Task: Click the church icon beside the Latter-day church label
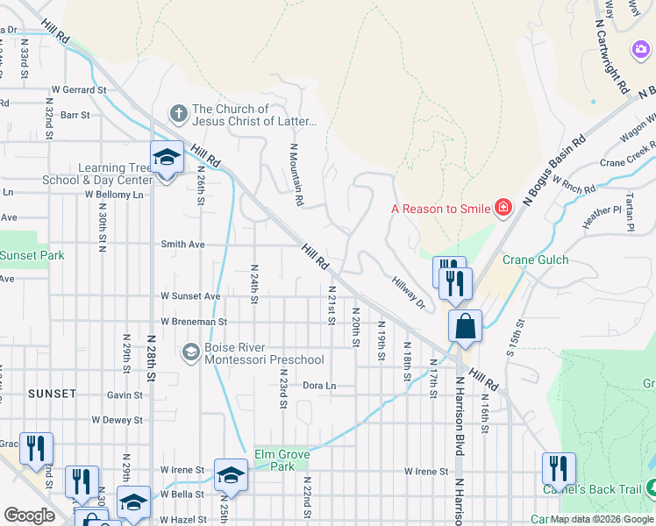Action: pyautogui.click(x=178, y=113)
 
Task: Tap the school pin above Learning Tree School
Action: pyautogui.click(x=167, y=159)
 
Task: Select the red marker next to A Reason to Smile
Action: pyautogui.click(x=503, y=209)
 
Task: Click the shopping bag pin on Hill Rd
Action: pyautogui.click(x=465, y=326)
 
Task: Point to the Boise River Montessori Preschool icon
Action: pyautogui.click(x=190, y=352)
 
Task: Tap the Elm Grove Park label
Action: pyautogui.click(x=282, y=460)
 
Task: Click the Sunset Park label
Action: pyautogui.click(x=32, y=256)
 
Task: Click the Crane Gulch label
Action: pyautogui.click(x=535, y=259)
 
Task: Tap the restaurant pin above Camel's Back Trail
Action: pyautogui.click(x=558, y=470)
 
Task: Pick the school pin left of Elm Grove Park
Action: pyautogui.click(x=231, y=476)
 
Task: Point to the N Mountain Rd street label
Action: pyautogui.click(x=296, y=175)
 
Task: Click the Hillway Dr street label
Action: pyautogui.click(x=408, y=290)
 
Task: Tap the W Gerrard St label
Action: pyautogui.click(x=78, y=89)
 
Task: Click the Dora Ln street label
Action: pyautogui.click(x=319, y=386)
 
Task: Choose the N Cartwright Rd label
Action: pyautogui.click(x=610, y=58)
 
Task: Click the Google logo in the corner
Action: pyautogui.click(x=29, y=515)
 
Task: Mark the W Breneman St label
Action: pyautogui.click(x=193, y=322)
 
